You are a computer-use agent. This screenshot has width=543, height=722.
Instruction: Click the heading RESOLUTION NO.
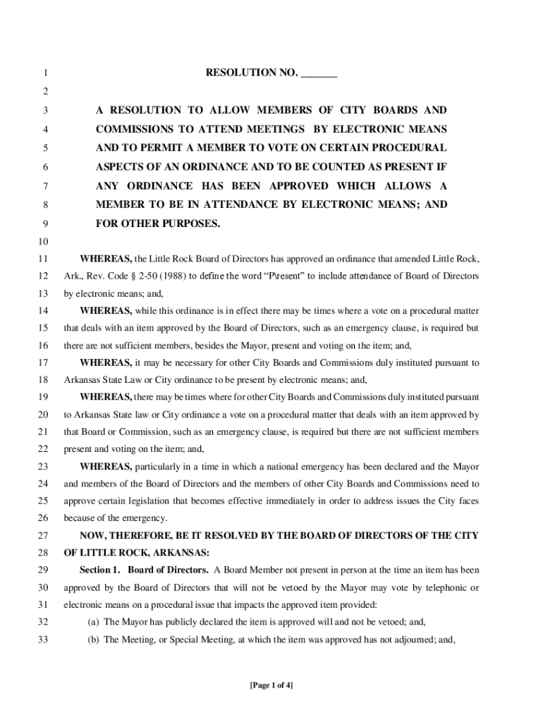coord(252,73)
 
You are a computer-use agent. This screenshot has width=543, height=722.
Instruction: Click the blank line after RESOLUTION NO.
coord(319,74)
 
